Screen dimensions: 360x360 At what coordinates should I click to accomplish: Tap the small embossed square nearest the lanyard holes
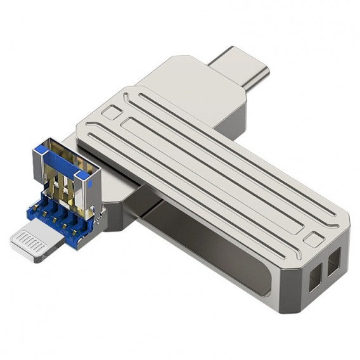[312, 241]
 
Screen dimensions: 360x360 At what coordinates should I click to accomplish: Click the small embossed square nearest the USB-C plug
[111, 113]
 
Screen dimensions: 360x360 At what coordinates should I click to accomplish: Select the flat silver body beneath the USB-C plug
[190, 82]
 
